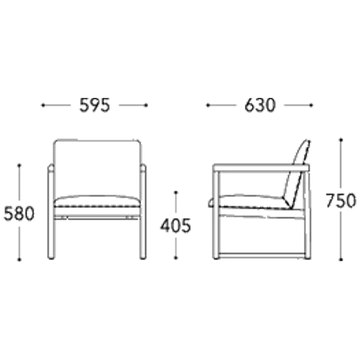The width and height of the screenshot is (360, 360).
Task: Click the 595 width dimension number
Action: [x=94, y=105]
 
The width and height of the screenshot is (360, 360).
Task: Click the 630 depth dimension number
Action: [x=260, y=105]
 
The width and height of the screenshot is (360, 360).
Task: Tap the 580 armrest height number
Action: [x=19, y=214]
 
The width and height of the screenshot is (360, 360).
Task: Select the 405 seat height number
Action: [x=176, y=225]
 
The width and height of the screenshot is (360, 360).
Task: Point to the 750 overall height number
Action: [x=341, y=200]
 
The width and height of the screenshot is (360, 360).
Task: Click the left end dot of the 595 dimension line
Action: [x=43, y=105]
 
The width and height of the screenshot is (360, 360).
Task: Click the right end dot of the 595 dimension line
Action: [x=146, y=105]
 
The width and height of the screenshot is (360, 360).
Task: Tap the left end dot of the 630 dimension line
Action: [x=208, y=105]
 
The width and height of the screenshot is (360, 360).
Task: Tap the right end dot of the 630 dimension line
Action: [x=311, y=105]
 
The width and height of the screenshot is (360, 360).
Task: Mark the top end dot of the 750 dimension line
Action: [x=341, y=140]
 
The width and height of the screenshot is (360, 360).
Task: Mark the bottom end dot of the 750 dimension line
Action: [x=341, y=259]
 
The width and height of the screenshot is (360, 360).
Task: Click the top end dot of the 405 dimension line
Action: [x=176, y=192]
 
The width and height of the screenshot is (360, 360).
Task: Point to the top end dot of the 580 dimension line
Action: [x=19, y=166]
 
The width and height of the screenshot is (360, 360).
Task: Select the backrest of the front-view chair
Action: [x=96, y=168]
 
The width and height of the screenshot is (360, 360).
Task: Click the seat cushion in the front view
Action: [x=96, y=202]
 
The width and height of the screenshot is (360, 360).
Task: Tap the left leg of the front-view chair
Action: [x=50, y=212]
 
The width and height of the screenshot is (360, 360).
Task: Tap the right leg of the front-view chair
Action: [x=143, y=212]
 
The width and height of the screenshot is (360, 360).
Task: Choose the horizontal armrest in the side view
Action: [x=261, y=168]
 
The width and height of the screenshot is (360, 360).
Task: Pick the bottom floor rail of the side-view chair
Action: [x=262, y=256]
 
